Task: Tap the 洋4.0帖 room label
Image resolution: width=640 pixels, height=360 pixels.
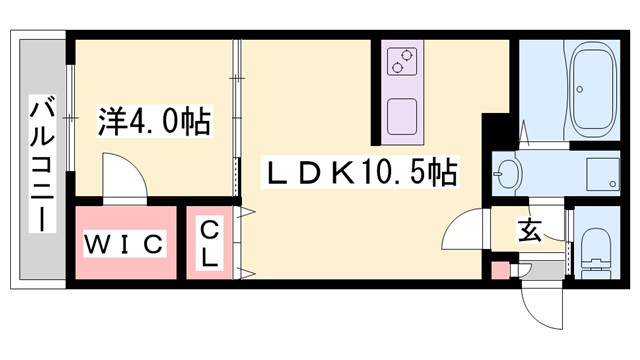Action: (x=153, y=123)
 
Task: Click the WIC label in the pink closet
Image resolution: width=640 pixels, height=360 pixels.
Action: (x=123, y=243)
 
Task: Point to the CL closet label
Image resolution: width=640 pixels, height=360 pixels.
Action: (x=208, y=244)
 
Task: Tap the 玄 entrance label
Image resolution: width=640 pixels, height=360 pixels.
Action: (x=529, y=231)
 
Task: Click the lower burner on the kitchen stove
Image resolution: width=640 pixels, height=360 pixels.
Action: (x=399, y=68)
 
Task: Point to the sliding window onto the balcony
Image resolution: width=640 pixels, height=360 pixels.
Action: (x=69, y=120)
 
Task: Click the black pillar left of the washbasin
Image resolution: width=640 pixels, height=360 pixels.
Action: (x=493, y=135)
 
